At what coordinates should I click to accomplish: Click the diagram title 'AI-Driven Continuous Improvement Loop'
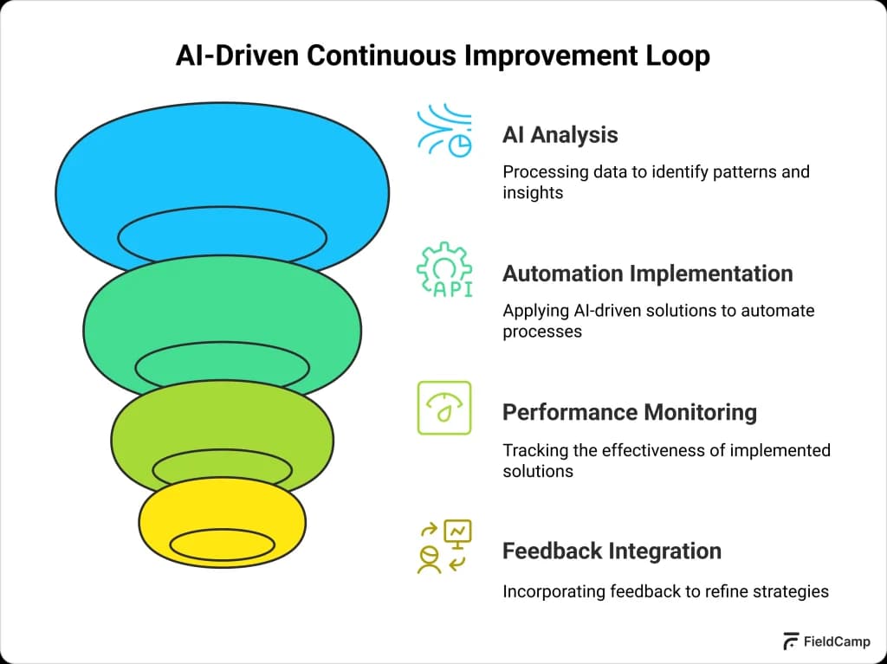click(x=443, y=55)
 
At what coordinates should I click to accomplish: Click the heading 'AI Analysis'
click(x=560, y=135)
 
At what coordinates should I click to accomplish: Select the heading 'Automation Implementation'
click(x=647, y=274)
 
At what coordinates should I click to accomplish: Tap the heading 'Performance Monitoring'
click(x=629, y=412)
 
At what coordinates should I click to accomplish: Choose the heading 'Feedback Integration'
click(x=612, y=551)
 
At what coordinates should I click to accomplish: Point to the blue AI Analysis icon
click(x=444, y=132)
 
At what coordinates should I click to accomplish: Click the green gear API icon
click(x=444, y=271)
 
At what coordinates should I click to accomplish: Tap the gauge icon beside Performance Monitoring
click(x=444, y=407)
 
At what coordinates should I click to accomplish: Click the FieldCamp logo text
click(x=837, y=641)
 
